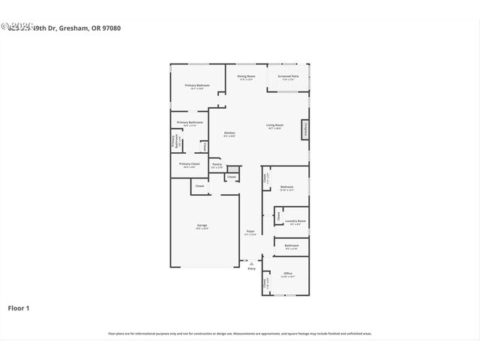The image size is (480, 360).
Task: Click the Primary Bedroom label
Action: point(196,86)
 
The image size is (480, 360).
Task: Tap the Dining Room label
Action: point(246,77)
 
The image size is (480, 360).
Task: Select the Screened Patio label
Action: point(289,77)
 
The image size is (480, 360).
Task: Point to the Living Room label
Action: point(274,126)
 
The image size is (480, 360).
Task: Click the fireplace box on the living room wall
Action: point(305,130)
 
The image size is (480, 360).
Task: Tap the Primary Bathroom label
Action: point(190,123)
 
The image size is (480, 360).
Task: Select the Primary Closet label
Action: point(189,164)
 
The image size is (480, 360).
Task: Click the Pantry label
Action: point(216,165)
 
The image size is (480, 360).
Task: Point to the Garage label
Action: point(202,227)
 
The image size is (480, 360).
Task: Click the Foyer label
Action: point(250,232)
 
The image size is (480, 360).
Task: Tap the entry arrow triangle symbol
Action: point(251,263)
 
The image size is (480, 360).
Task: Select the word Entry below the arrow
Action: point(251,268)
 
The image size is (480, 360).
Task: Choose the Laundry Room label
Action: point(295,222)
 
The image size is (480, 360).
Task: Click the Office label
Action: point(287,274)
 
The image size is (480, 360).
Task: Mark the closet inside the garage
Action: point(199,186)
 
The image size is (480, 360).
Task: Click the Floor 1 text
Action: point(19,307)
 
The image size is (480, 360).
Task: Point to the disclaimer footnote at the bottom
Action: point(240,333)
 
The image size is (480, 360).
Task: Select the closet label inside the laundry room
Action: point(278,216)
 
